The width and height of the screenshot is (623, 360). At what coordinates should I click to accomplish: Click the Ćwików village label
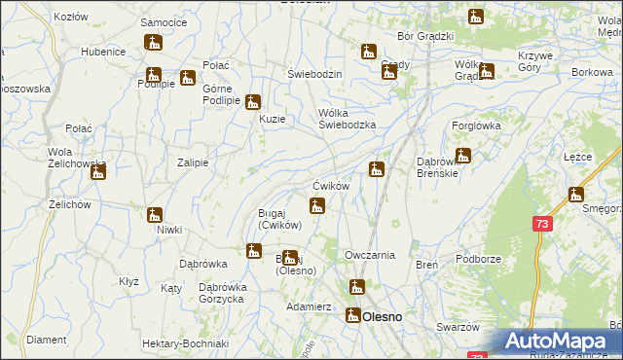point(330,186)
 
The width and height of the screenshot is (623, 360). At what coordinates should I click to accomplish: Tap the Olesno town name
point(383,316)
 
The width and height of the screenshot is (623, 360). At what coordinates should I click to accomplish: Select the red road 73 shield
point(541,224)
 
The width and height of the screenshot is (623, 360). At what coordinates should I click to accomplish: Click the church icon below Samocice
point(154,43)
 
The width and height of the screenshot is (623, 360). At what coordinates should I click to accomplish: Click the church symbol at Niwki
point(155,216)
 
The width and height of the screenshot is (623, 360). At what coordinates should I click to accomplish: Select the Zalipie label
point(192,162)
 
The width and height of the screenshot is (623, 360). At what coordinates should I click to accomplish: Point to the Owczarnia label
point(370,255)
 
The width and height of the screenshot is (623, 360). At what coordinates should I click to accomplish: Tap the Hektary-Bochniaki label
point(184,344)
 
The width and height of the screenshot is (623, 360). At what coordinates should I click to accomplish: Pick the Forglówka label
point(476,125)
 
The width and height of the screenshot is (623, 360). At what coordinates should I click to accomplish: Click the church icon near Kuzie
point(253,102)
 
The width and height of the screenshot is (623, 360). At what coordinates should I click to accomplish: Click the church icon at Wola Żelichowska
point(98,172)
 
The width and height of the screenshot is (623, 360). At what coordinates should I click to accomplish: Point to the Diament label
point(47,341)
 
